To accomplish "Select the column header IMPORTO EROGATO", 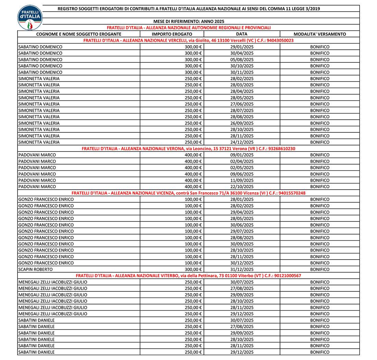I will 172,34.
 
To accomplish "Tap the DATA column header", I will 242,34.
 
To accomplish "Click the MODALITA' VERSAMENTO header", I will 319,34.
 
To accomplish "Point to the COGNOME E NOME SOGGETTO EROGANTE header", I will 78,34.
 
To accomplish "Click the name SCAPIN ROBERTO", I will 34,269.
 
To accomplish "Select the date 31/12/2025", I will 242,269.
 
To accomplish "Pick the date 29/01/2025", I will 242,47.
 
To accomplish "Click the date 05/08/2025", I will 242,60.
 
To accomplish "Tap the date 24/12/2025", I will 242,142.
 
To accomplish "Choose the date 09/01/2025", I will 242,155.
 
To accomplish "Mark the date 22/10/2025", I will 242,187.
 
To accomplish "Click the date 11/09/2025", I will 242,180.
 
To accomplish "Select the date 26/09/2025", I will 242,123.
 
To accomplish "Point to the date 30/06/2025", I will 242,225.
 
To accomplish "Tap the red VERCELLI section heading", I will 188,40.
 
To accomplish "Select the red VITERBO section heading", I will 188,276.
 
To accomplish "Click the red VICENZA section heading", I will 188,193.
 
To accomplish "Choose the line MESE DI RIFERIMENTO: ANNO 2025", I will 189,21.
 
